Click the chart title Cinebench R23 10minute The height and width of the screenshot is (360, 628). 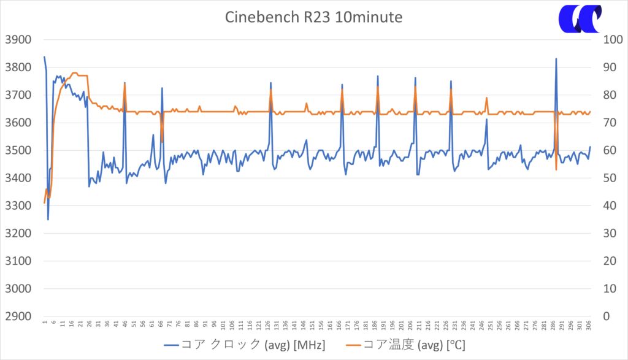(313, 17)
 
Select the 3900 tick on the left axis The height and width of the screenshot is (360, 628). (18, 40)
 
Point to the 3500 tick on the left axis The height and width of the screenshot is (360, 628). (18, 150)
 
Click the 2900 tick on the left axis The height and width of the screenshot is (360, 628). (18, 316)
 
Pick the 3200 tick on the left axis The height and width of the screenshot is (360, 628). (18, 234)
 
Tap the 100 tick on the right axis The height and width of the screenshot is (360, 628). (598, 40)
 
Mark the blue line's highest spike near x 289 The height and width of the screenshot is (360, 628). (556, 59)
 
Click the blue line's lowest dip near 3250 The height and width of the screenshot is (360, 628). (48, 219)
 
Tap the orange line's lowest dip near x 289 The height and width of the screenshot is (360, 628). (556, 169)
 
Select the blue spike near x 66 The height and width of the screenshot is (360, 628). (162, 88)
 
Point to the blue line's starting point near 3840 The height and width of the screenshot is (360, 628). (44, 57)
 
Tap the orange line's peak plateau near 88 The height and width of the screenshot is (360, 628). (75, 73)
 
